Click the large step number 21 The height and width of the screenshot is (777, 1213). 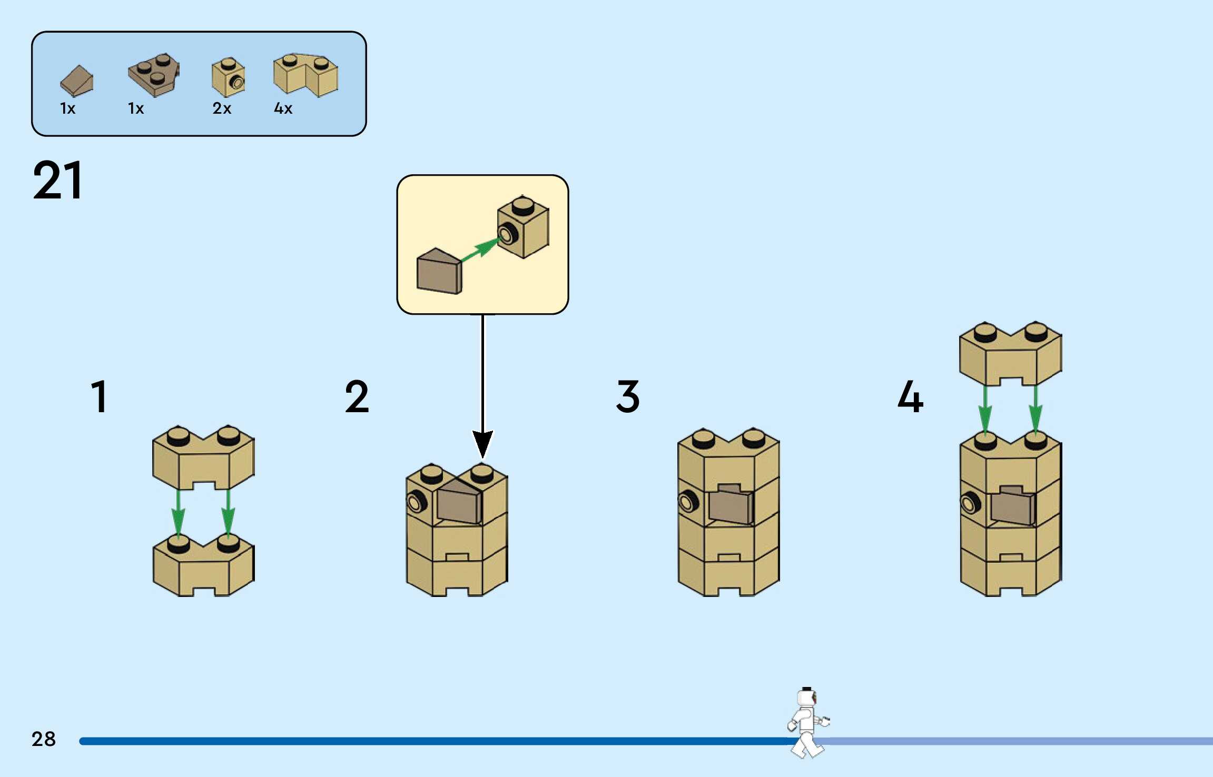click(x=58, y=181)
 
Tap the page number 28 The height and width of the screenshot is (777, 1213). click(x=43, y=739)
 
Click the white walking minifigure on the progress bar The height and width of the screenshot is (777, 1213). click(x=807, y=722)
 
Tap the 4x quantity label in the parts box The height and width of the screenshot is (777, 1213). click(x=283, y=108)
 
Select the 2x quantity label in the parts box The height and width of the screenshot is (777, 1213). click(x=222, y=108)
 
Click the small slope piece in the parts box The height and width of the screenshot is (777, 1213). click(x=77, y=81)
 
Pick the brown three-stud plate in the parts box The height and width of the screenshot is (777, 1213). click(x=154, y=75)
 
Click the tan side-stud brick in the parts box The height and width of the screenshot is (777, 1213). click(x=228, y=77)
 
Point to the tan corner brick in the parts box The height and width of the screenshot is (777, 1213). click(x=305, y=75)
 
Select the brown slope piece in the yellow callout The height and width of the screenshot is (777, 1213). click(x=439, y=272)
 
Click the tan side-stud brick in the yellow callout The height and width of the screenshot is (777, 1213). click(x=523, y=227)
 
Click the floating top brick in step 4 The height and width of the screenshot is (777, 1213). click(x=1010, y=353)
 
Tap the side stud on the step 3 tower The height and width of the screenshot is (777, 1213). click(x=688, y=502)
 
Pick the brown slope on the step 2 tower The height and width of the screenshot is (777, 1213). click(x=459, y=503)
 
